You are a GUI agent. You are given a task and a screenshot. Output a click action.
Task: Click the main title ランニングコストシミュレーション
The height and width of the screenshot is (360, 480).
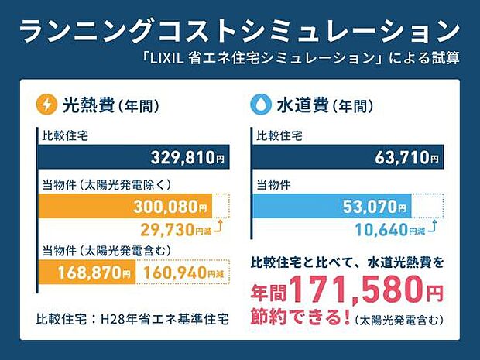(x=239, y=31)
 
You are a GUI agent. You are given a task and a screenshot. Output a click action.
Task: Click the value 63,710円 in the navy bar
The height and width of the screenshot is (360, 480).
(x=402, y=159)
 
